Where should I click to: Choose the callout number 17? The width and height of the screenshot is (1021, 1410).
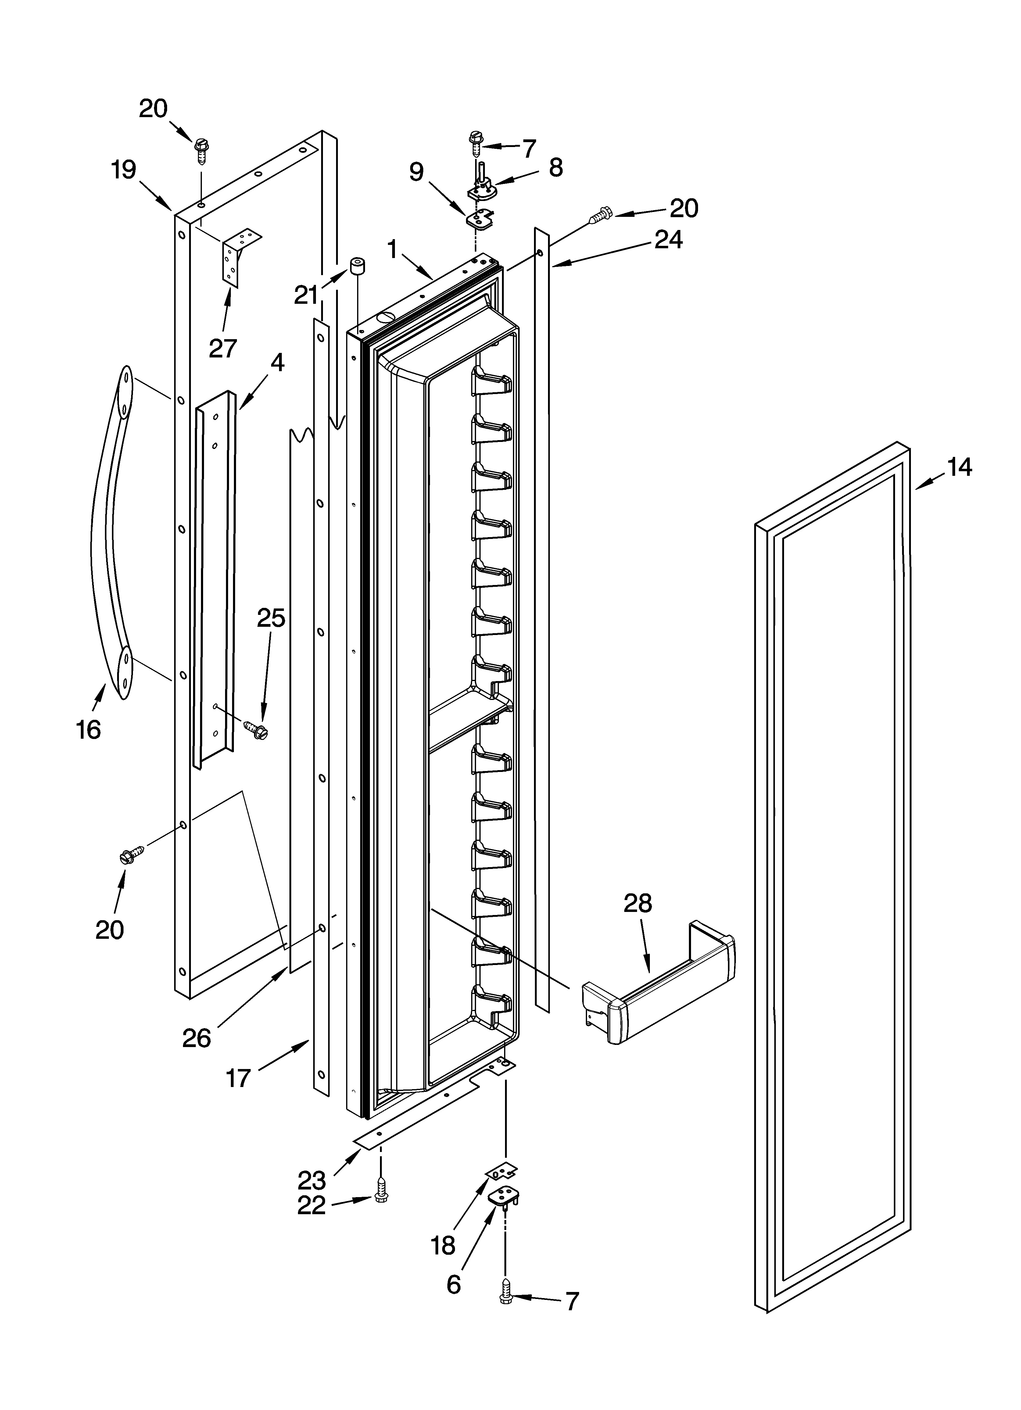pyautogui.click(x=238, y=1077)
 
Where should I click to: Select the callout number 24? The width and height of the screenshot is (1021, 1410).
pyautogui.click(x=668, y=239)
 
